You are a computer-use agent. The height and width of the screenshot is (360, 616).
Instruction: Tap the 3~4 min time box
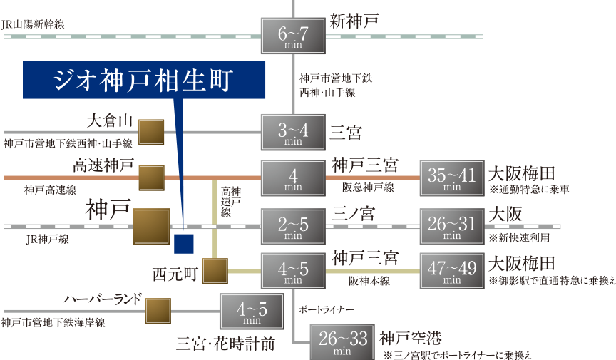click(294, 133)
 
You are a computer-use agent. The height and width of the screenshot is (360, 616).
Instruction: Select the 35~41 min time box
click(452, 178)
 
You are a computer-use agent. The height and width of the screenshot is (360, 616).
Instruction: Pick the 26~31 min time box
click(452, 226)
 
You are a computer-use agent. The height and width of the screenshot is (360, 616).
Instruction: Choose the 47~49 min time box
click(452, 271)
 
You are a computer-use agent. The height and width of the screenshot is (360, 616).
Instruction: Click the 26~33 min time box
click(342, 341)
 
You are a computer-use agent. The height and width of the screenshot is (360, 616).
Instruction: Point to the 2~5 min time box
click(294, 226)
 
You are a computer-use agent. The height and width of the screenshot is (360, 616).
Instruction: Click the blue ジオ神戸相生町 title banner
click(145, 80)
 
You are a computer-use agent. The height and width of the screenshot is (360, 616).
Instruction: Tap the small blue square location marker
click(184, 243)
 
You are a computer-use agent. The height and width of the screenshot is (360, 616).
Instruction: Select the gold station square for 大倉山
click(151, 133)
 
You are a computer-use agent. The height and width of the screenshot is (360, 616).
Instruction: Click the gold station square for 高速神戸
click(151, 178)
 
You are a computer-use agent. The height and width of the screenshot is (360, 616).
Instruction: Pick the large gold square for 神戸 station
click(151, 227)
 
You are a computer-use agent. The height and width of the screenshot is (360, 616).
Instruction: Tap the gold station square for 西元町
click(215, 271)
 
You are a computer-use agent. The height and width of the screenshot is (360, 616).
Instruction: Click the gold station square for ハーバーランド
click(158, 311)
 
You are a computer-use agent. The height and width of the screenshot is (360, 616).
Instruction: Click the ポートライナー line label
click(326, 309)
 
